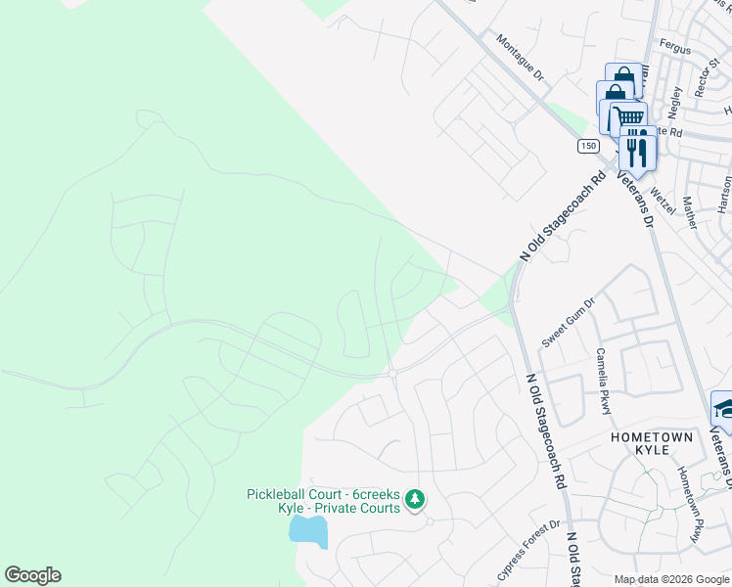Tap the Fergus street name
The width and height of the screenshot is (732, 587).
[x=675, y=49]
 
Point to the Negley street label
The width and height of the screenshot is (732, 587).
[x=674, y=99]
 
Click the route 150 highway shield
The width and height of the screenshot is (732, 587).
[x=586, y=146]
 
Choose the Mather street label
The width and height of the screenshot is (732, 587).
[x=689, y=212]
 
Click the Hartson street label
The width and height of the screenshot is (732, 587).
[x=724, y=194]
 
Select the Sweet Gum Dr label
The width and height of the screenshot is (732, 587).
[x=569, y=324]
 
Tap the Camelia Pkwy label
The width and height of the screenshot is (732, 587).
[x=606, y=381]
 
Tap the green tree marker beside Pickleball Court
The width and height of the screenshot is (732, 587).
[x=415, y=500]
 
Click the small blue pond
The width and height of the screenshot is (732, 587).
[x=307, y=532]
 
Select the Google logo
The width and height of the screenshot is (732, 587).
[x=32, y=575]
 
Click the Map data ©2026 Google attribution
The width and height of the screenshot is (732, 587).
[x=670, y=579]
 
